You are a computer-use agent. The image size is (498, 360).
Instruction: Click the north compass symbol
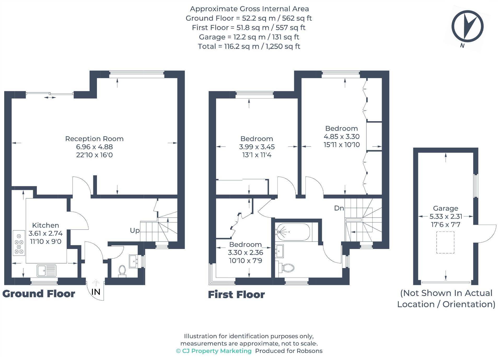467,26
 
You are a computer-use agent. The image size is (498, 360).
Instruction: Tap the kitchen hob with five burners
19,243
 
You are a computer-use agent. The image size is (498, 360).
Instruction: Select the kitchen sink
47,271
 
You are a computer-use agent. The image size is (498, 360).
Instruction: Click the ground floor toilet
122,271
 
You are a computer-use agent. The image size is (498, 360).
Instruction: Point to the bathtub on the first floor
293,232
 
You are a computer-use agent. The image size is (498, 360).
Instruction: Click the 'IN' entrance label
96,292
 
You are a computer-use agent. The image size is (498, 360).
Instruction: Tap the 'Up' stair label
135,231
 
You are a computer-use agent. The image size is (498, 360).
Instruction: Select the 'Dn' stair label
339,208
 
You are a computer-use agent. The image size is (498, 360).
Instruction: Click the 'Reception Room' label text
94,139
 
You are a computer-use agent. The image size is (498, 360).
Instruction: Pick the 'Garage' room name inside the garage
445,208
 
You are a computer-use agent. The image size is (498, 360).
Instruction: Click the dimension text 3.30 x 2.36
245,253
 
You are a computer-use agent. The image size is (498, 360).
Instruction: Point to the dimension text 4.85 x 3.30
341,137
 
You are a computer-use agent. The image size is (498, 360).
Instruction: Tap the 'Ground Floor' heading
39,294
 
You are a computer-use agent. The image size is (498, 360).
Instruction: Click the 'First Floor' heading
236,295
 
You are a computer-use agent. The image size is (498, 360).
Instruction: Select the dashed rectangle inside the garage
445,242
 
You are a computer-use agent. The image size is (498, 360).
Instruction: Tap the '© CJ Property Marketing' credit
214,351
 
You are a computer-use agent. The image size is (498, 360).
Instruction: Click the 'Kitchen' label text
45,225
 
